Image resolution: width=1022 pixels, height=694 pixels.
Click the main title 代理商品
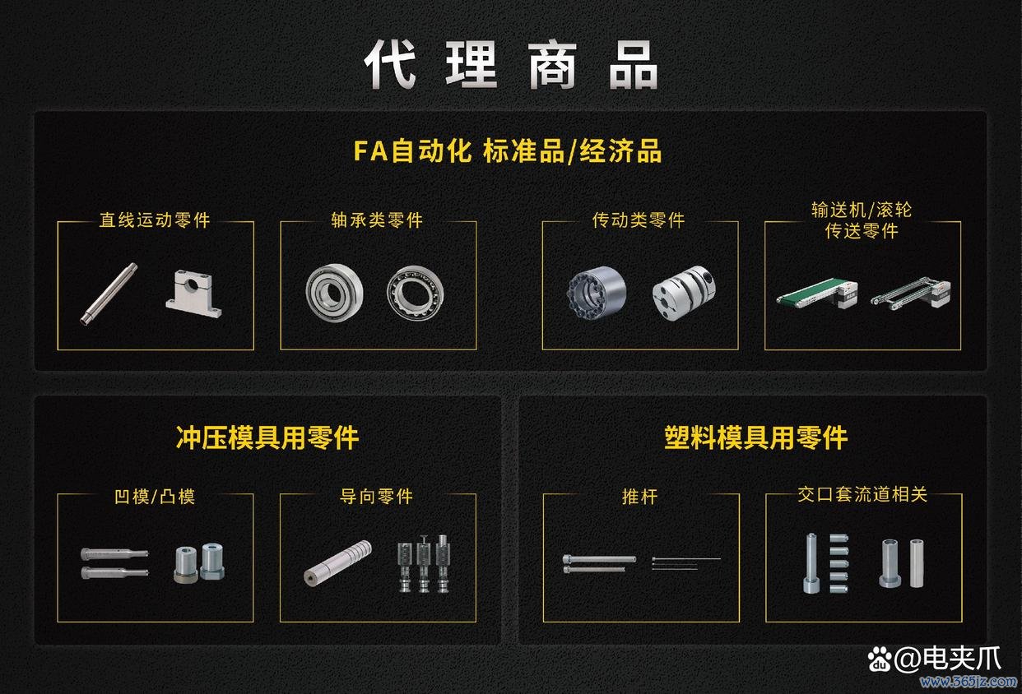click(x=510, y=64)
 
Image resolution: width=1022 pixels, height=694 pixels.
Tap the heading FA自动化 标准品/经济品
click(x=508, y=151)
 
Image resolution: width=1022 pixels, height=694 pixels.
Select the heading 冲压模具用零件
click(x=267, y=437)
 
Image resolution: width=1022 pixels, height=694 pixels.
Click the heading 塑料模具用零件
click(x=755, y=437)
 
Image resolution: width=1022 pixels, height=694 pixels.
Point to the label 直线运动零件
click(x=155, y=220)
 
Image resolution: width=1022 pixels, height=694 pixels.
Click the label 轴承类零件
click(x=377, y=220)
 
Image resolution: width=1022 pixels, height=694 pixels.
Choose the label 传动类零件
click(x=639, y=220)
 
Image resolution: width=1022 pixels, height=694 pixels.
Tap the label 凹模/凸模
click(x=155, y=497)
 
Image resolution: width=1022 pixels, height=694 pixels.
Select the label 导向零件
click(x=376, y=497)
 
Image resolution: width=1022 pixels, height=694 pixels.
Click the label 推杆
click(x=639, y=497)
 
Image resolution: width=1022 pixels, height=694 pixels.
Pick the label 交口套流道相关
click(x=862, y=494)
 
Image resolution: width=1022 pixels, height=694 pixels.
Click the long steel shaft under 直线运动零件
click(x=109, y=294)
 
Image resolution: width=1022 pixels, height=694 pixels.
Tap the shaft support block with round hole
click(x=193, y=294)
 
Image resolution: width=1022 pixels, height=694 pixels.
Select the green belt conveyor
click(x=816, y=294)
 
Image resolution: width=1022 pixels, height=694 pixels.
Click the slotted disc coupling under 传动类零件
click(x=684, y=293)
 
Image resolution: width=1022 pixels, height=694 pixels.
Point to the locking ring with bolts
click(x=597, y=292)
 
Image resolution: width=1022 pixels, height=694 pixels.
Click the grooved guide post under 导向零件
click(x=337, y=563)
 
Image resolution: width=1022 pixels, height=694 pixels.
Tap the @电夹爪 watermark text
click(x=948, y=659)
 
